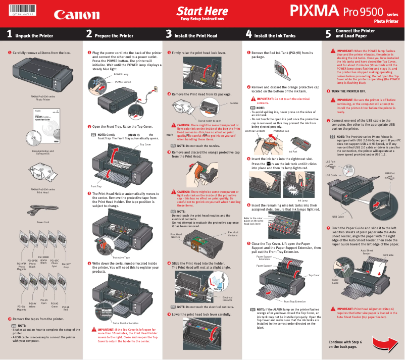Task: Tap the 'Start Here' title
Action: (202, 11)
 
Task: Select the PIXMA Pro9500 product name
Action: (343, 11)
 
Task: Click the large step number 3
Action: (169, 34)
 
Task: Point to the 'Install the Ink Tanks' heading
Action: (275, 36)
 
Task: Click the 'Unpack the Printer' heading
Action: (34, 36)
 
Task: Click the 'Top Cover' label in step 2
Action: (145, 144)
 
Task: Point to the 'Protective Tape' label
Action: (121, 243)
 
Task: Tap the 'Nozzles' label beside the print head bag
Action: (234, 103)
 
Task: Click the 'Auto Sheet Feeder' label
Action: (367, 252)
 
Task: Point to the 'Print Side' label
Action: (388, 255)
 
